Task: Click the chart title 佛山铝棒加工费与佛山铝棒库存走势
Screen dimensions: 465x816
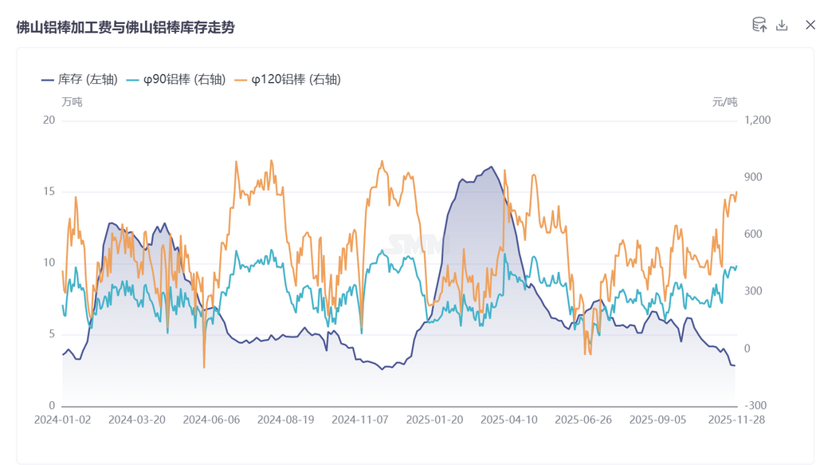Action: click(x=125, y=27)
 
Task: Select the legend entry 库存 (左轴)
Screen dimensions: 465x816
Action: click(x=80, y=80)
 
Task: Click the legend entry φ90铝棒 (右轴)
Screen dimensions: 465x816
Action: click(x=176, y=80)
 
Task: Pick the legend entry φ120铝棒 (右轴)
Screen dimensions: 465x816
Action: click(x=288, y=80)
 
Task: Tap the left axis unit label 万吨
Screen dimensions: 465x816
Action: click(x=72, y=102)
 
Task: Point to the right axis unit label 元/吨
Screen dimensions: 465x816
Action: click(x=724, y=102)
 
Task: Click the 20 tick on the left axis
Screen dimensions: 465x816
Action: click(x=49, y=120)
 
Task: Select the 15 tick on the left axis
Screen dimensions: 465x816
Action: click(x=49, y=191)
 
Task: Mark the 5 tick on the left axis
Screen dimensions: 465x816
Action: click(x=52, y=334)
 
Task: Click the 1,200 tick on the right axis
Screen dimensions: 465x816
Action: click(x=757, y=120)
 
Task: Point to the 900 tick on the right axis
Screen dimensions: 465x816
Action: click(x=753, y=177)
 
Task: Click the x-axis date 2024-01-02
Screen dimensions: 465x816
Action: click(x=62, y=420)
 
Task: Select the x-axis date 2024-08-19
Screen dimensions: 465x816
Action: click(x=285, y=420)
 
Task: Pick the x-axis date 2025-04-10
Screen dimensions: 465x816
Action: click(x=508, y=420)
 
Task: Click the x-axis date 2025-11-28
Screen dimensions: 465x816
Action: click(x=736, y=420)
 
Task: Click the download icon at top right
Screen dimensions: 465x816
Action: click(x=782, y=26)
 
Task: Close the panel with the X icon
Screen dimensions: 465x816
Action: click(x=810, y=26)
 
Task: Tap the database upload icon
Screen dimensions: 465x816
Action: click(x=759, y=26)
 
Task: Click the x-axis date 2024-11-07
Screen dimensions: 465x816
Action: click(x=359, y=420)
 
